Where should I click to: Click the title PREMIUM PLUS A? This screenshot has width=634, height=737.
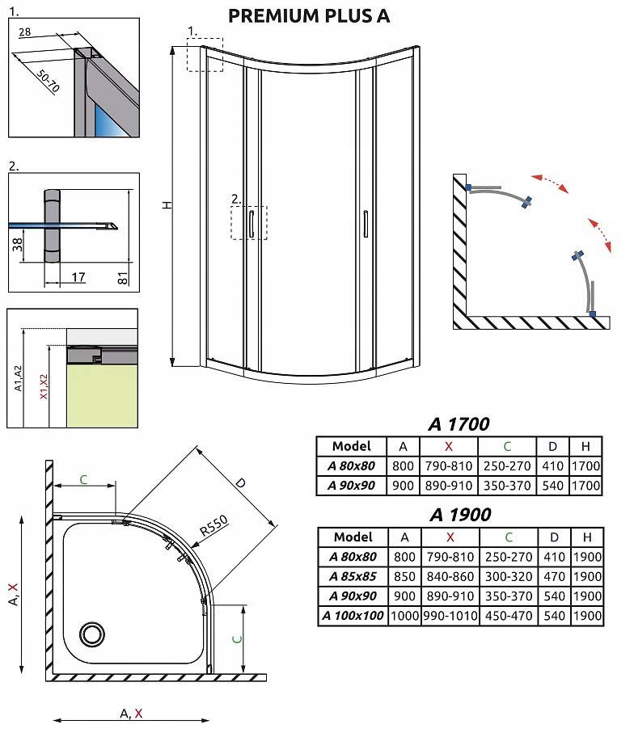point(309,16)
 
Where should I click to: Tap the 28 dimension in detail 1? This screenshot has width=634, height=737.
point(24,32)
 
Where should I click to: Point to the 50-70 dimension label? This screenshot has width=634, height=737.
point(49,81)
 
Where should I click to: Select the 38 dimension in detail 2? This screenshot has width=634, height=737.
point(17,244)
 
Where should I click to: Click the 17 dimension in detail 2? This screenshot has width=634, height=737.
point(78,277)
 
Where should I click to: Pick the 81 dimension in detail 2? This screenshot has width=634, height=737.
point(122,278)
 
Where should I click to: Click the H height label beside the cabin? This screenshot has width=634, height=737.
point(167,205)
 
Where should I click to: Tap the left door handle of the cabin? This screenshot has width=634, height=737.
point(251,223)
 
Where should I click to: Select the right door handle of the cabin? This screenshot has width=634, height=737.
point(366,223)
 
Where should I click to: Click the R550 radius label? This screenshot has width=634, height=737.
point(214,525)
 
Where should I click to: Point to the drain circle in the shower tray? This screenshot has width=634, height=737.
point(91,634)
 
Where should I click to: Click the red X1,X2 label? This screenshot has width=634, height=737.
point(44,386)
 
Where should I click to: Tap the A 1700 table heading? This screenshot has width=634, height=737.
point(459,424)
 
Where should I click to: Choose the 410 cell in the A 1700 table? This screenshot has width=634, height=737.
point(552,465)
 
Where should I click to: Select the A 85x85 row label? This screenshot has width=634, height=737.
point(353,576)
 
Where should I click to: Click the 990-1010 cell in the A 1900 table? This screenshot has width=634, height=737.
point(450,616)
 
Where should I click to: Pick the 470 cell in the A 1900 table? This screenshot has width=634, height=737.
point(554,576)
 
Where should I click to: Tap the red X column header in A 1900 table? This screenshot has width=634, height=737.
point(450,537)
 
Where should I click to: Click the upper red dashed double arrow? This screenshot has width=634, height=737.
point(549,183)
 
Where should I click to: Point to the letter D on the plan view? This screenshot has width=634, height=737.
point(240,482)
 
